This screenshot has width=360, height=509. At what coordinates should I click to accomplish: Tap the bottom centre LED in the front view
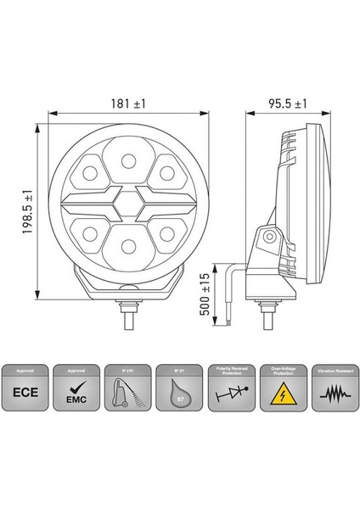point(129,246)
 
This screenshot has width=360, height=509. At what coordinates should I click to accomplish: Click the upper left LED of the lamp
point(91,176)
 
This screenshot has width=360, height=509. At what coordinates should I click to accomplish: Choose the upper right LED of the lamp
point(167,176)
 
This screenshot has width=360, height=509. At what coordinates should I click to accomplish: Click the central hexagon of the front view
point(129,204)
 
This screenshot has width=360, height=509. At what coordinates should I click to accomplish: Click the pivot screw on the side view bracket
point(268,238)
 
